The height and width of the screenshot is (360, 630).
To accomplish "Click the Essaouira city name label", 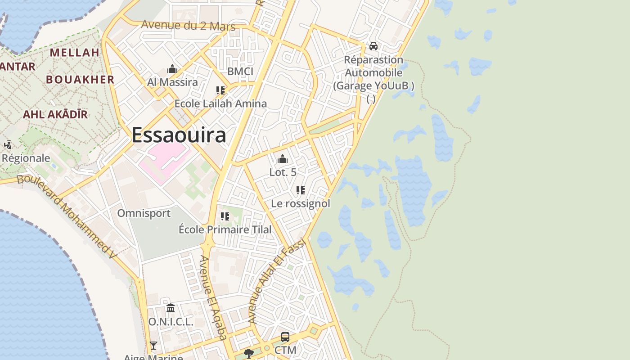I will click(x=179, y=135).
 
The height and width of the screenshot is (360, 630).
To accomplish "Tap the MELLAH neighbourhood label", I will click(x=74, y=53).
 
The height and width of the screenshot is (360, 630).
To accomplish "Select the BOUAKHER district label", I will click(x=80, y=80).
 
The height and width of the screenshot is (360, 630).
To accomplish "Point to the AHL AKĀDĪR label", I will click(x=55, y=114).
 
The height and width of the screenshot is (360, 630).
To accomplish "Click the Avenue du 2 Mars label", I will click(x=188, y=25).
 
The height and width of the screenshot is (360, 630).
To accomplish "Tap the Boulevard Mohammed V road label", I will click(x=67, y=216).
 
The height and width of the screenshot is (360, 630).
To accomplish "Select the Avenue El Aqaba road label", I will click(x=213, y=297).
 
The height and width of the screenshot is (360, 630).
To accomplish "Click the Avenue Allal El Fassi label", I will click(x=277, y=281).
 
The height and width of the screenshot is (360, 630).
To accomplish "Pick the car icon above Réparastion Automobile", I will click(x=373, y=46).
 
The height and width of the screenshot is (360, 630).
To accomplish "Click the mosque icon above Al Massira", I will click(x=172, y=69).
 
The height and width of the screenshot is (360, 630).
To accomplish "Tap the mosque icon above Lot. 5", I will click(x=283, y=159).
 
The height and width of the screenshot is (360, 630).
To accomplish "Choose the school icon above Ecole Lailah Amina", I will click(x=220, y=90).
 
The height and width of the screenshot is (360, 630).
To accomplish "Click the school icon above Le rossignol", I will click(x=301, y=190).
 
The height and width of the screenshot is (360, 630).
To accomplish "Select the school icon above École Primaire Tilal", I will click(x=225, y=216).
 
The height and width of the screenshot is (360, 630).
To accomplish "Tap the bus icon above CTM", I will click(x=285, y=337).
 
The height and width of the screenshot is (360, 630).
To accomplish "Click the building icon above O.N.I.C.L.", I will click(x=171, y=308).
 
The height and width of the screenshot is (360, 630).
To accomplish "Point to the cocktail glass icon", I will click(x=153, y=345).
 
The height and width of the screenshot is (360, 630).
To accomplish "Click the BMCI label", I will click(x=240, y=72).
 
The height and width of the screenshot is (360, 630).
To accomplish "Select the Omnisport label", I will click(x=144, y=213).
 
